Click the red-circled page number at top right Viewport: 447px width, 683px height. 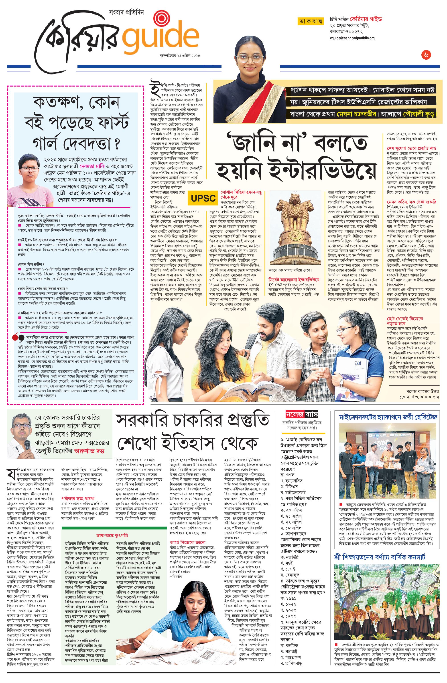pyautogui.click(x=426, y=54)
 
